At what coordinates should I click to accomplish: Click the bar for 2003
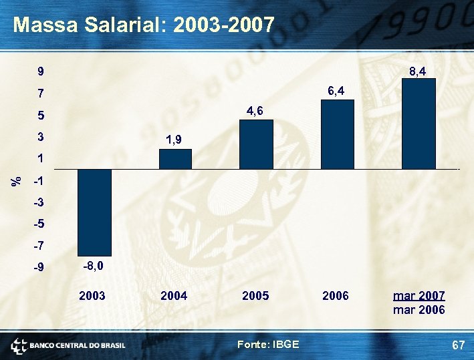pos(95,212)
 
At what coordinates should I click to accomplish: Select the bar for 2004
pos(175,159)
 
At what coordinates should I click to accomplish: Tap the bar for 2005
pos(256,144)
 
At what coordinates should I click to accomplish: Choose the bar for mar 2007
pos(419,124)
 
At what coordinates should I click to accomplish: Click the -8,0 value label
pos(93,266)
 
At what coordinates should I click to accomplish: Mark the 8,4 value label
pos(419,69)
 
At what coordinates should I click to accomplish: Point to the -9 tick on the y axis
pos(39,267)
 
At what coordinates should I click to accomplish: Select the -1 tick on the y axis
pos(39,182)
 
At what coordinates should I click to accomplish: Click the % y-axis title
pos(18,180)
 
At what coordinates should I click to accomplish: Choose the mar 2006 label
pos(419,310)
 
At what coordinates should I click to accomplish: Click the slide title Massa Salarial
pos(144,25)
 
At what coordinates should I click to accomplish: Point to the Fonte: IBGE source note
pos(268,344)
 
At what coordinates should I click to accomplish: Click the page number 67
pos(458,345)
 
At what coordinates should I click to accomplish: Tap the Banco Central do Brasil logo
pos(68,345)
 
